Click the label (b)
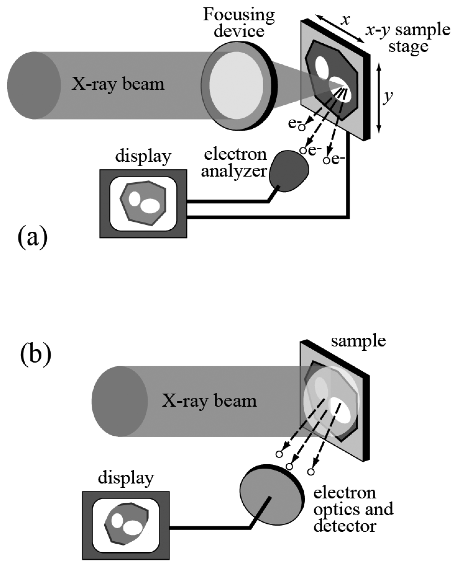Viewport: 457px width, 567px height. (35, 355)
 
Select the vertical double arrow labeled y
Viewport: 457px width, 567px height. (379, 97)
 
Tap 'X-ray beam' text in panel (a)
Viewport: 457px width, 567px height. (118, 84)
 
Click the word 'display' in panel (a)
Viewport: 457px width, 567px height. (143, 157)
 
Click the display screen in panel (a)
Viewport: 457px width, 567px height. (143, 203)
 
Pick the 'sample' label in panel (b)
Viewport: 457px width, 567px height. (358, 341)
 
